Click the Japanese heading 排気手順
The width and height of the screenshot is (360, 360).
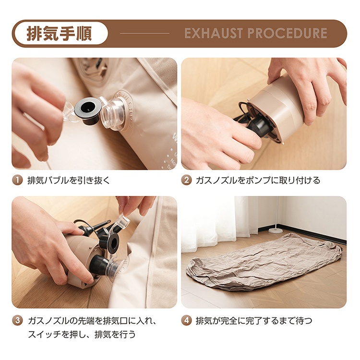click(60, 34)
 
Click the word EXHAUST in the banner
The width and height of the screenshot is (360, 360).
click(213, 33)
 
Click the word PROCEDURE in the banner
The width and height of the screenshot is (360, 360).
click(287, 33)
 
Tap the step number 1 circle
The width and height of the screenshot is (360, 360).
click(17, 180)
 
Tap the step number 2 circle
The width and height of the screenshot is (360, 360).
click(186, 180)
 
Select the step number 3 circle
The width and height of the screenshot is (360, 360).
click(17, 320)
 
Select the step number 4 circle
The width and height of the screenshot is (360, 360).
click(186, 320)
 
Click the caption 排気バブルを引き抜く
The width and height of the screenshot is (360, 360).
click(69, 180)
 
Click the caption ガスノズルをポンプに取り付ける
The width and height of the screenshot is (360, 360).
click(258, 180)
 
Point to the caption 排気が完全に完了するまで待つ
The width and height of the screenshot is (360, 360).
click(254, 321)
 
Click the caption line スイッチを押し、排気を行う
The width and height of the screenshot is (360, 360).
click(82, 334)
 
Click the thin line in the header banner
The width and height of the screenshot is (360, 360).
click(144, 33)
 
